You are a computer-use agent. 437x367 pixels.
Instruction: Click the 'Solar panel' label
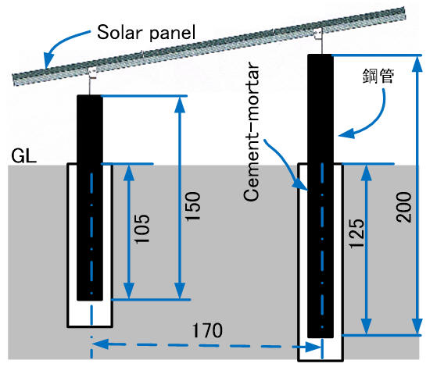[x=146, y=33]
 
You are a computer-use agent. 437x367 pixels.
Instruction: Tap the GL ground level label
[x=24, y=156]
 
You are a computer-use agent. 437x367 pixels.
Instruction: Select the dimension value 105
[x=142, y=229]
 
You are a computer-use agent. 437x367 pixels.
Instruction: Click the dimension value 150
[x=193, y=206]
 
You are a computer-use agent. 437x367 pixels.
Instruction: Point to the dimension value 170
[x=208, y=330]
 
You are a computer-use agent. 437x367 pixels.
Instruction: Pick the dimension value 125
[x=356, y=233]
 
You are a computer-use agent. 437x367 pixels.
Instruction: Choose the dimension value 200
[x=403, y=207]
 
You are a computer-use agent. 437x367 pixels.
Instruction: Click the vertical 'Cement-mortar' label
[x=251, y=131]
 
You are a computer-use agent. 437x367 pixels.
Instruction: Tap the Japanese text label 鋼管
[x=378, y=76]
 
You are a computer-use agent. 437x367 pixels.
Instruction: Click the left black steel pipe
[x=90, y=198]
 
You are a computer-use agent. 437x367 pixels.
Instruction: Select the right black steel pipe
[x=321, y=196]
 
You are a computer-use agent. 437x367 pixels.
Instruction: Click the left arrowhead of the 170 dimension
[x=100, y=344]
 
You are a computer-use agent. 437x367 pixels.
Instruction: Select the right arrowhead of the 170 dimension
[x=313, y=347]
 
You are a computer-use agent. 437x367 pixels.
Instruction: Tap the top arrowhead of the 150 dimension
[x=180, y=104]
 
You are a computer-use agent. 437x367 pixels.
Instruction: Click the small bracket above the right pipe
[x=318, y=34]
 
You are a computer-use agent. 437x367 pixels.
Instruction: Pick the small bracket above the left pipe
[x=92, y=73]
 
